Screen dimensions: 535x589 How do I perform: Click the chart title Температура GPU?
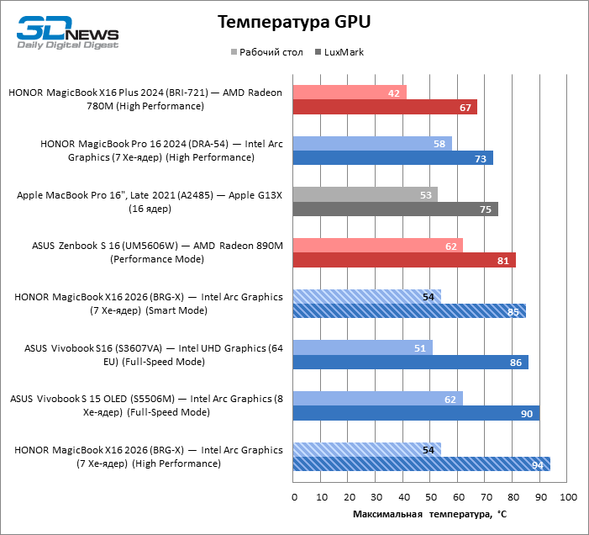(x=294, y=21)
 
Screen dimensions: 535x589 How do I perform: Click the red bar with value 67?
(x=385, y=107)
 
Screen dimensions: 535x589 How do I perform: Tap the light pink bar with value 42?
(x=350, y=93)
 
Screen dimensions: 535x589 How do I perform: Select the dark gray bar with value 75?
(x=396, y=209)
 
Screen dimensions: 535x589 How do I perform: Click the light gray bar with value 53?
(x=365, y=194)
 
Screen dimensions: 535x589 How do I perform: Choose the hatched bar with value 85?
(x=409, y=311)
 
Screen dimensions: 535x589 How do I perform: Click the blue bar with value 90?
(x=416, y=413)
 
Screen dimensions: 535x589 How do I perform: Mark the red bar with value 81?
(x=404, y=261)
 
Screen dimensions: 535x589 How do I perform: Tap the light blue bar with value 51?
(x=363, y=347)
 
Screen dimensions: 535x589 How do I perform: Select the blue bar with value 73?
(x=393, y=158)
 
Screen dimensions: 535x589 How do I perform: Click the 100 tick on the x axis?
(x=567, y=498)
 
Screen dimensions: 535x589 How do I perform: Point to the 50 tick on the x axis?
(x=431, y=498)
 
